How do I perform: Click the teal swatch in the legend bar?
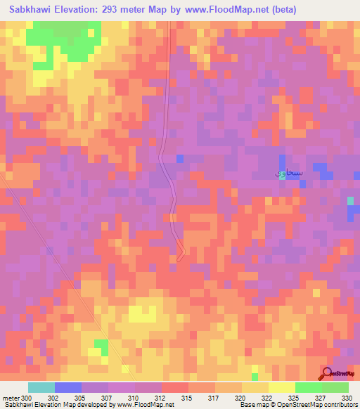[x=41, y=387]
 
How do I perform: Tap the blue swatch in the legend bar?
[x=68, y=387]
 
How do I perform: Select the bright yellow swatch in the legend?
[x=282, y=387]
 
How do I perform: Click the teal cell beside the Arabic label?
[x=283, y=176]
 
